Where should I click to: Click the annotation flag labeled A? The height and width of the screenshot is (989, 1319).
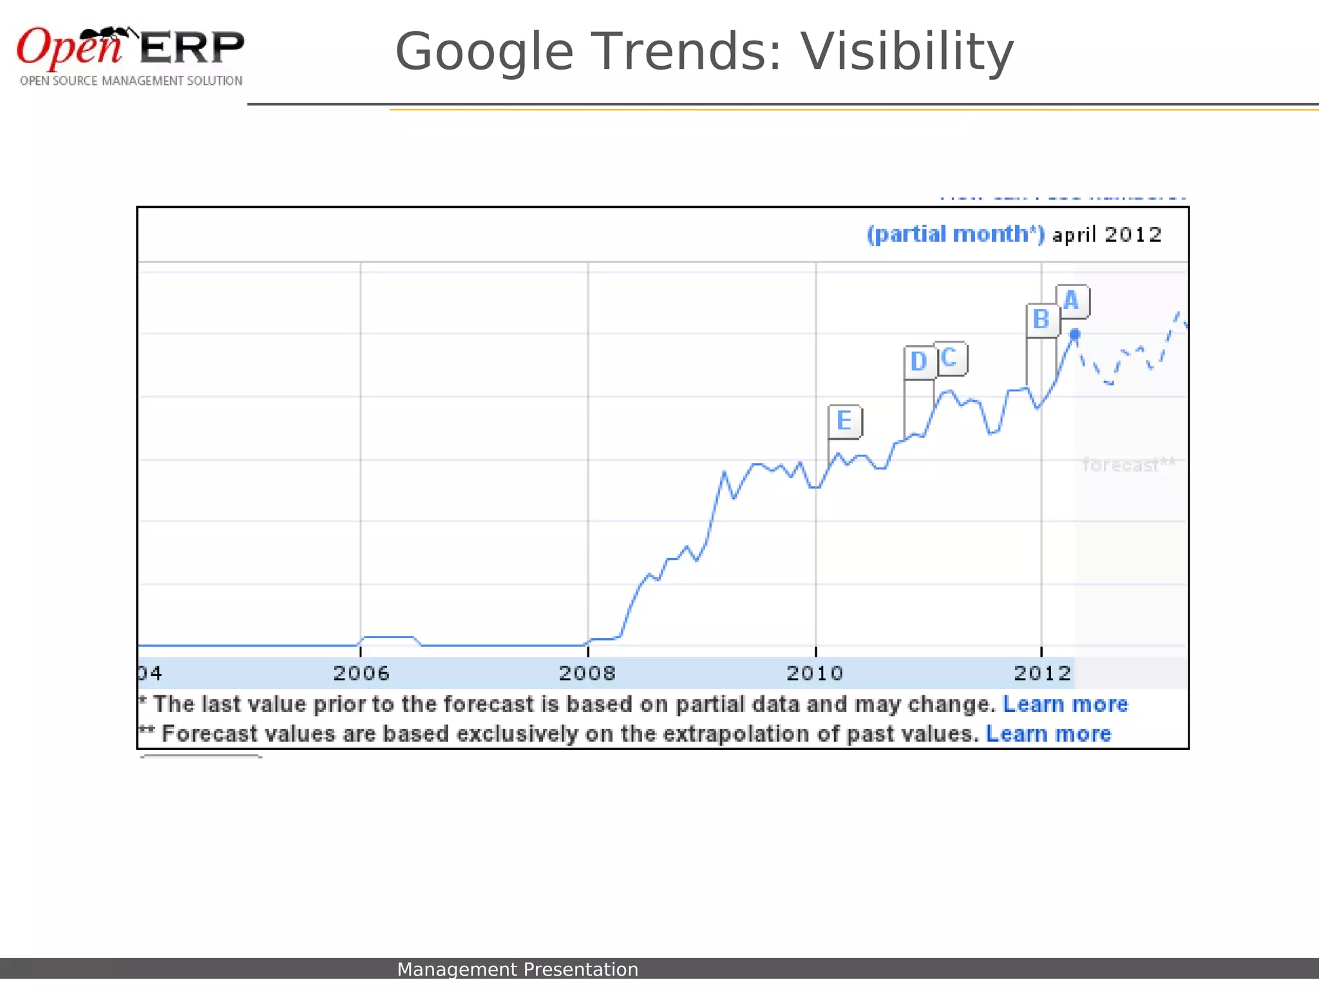pyautogui.click(x=1072, y=301)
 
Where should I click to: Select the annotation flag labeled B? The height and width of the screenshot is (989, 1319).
pyautogui.click(x=1041, y=320)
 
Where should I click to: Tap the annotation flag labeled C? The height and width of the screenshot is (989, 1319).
pyautogui.click(x=949, y=358)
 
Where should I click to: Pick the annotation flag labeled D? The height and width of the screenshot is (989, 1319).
pyautogui.click(x=919, y=363)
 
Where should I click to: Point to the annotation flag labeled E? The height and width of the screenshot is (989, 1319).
pyautogui.click(x=844, y=422)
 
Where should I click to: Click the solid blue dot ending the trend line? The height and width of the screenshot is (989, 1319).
pyautogui.click(x=1074, y=334)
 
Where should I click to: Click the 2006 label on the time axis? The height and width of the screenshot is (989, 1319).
pyautogui.click(x=361, y=673)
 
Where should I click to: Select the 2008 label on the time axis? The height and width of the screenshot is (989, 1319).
pyautogui.click(x=587, y=673)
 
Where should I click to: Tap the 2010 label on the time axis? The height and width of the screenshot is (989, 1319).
pyautogui.click(x=815, y=673)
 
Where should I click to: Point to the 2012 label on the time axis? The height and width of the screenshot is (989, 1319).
pyautogui.click(x=1043, y=673)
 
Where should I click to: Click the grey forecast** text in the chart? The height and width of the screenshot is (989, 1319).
pyautogui.click(x=1128, y=465)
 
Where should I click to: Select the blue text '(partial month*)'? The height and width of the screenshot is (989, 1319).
pyautogui.click(x=956, y=234)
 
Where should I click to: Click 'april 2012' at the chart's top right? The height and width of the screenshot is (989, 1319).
pyautogui.click(x=1107, y=235)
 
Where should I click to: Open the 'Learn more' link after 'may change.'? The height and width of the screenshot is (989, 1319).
pyautogui.click(x=1065, y=704)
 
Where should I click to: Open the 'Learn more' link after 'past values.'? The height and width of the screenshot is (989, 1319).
pyautogui.click(x=1049, y=734)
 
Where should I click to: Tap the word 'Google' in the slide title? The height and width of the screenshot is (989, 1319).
pyautogui.click(x=484, y=52)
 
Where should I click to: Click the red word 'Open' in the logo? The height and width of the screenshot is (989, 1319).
pyautogui.click(x=70, y=47)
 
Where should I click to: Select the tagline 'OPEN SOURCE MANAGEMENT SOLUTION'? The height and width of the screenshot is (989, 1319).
pyautogui.click(x=131, y=81)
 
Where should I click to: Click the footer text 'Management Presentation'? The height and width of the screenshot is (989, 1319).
pyautogui.click(x=517, y=969)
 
